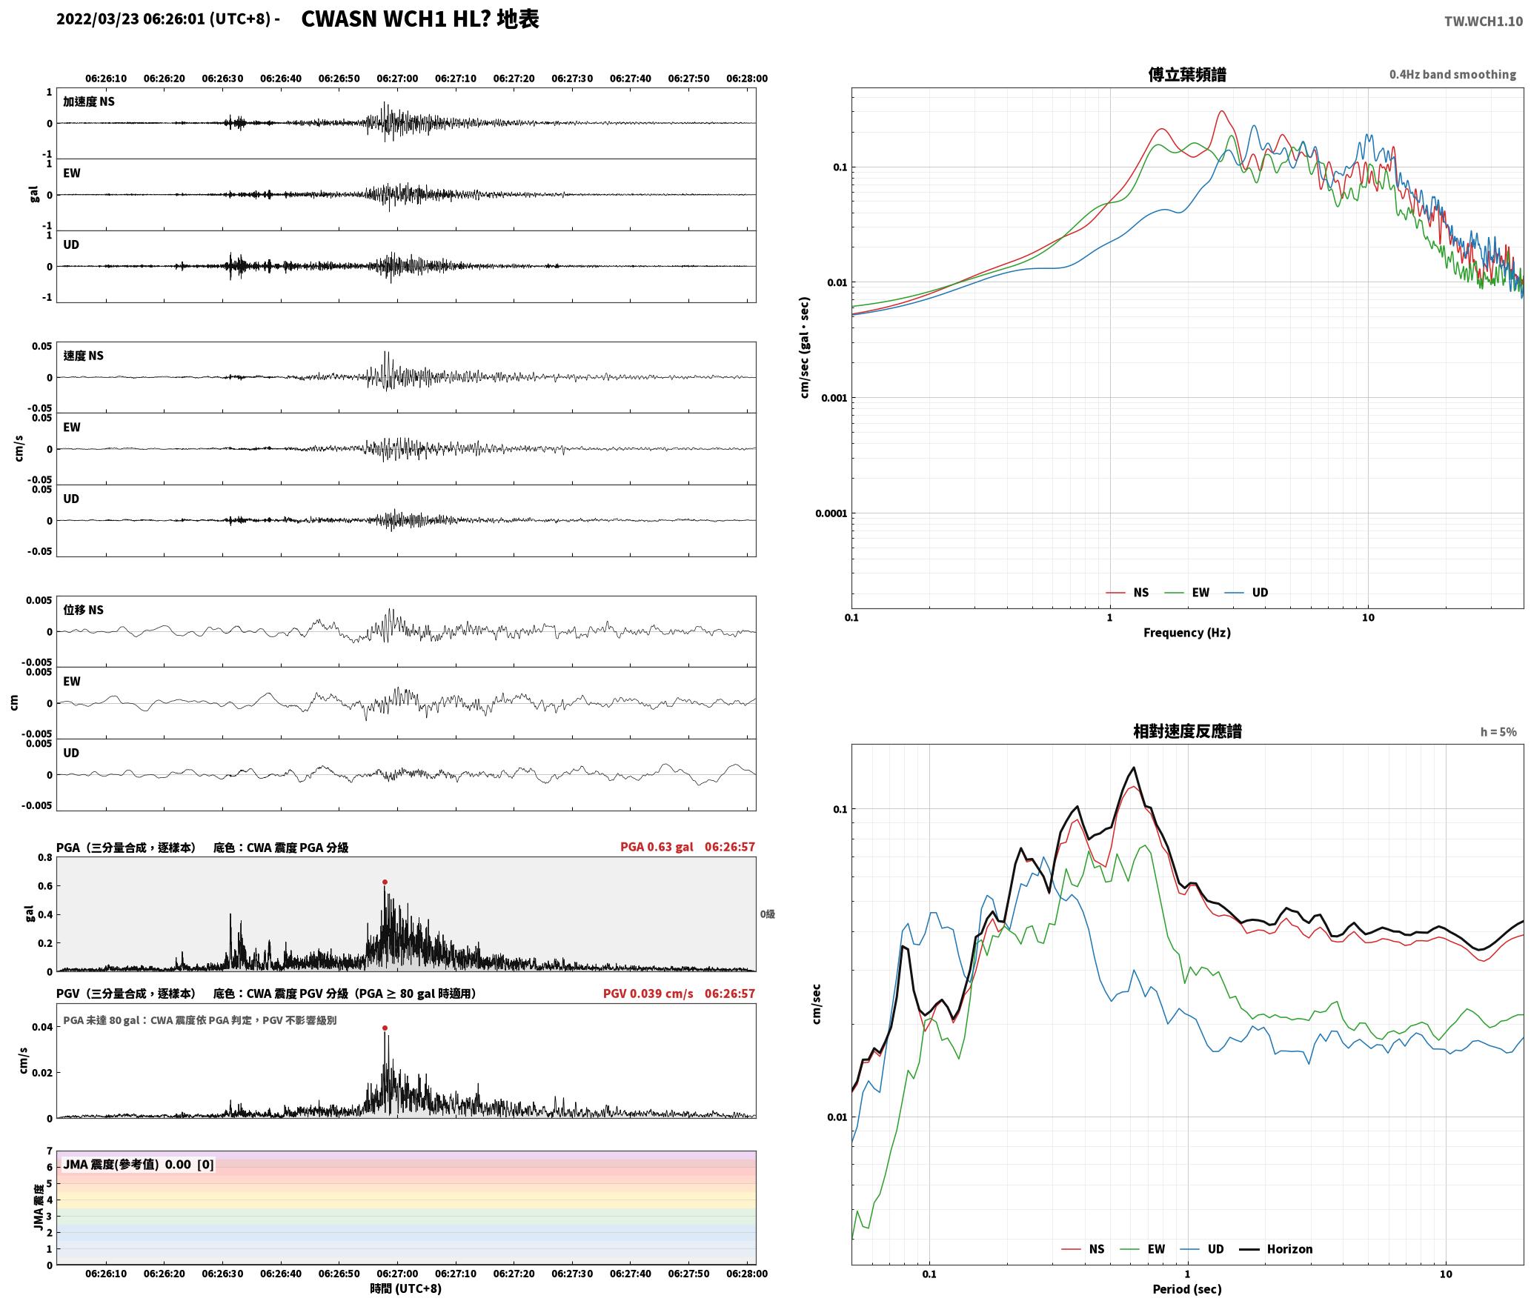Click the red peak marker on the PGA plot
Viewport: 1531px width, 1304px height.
pyautogui.click(x=385, y=882)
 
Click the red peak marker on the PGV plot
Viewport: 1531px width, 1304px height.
pyautogui.click(x=385, y=1028)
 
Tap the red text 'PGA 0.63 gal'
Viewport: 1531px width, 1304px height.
pyautogui.click(x=657, y=847)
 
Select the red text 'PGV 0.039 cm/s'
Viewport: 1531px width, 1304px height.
pyautogui.click(x=648, y=994)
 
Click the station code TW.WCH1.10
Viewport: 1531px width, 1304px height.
pyautogui.click(x=1484, y=21)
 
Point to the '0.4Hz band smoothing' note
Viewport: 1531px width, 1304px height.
pyautogui.click(x=1452, y=74)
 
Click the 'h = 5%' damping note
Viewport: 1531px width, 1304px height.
pyautogui.click(x=1498, y=732)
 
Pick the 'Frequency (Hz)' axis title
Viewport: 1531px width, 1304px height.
pyautogui.click(x=1187, y=632)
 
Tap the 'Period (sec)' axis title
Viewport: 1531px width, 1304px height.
pyautogui.click(x=1187, y=1288)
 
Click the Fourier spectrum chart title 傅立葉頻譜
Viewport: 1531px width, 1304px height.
pyautogui.click(x=1187, y=74)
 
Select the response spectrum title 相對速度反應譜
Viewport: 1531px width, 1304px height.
pyautogui.click(x=1187, y=731)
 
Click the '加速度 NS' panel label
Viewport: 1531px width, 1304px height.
pyautogui.click(x=89, y=102)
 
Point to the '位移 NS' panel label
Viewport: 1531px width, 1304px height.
pyautogui.click(x=83, y=610)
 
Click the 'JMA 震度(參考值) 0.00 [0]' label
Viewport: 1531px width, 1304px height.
pyautogui.click(x=139, y=1164)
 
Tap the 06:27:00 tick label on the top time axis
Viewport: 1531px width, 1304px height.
pyautogui.click(x=397, y=78)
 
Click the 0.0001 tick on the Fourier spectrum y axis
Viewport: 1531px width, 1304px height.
pyautogui.click(x=831, y=513)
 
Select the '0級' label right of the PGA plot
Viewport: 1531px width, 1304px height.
pyautogui.click(x=768, y=914)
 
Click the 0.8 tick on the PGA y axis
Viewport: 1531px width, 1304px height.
pyautogui.click(x=45, y=857)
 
